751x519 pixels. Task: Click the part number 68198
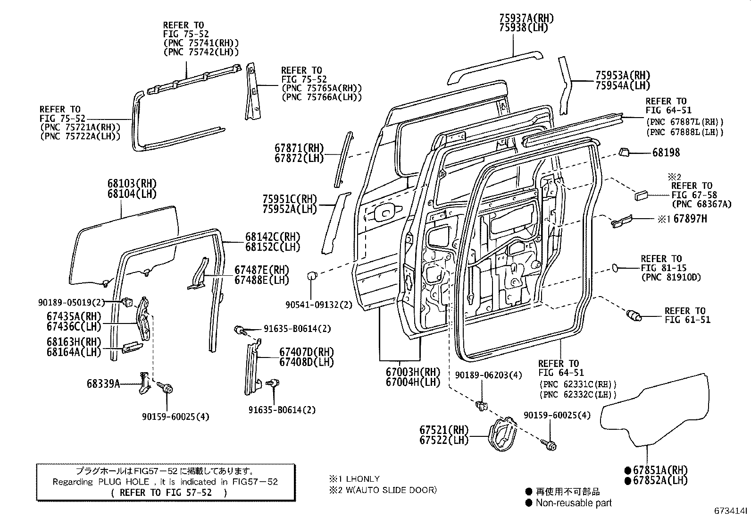click(x=666, y=153)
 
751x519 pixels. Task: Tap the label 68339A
click(x=103, y=384)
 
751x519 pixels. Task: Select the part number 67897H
click(x=690, y=219)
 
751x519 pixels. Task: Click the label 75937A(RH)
click(x=526, y=18)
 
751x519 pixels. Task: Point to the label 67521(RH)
click(x=443, y=430)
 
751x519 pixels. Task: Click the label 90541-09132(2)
click(x=319, y=305)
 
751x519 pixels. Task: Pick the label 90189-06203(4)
click(x=489, y=375)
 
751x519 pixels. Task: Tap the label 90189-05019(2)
click(x=71, y=302)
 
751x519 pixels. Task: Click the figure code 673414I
click(x=731, y=510)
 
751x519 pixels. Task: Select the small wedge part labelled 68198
click(x=624, y=152)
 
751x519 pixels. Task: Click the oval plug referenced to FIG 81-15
click(x=615, y=268)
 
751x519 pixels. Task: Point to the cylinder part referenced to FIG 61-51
click(x=634, y=315)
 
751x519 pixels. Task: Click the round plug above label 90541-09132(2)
click(x=312, y=276)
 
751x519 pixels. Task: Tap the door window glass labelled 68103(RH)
click(x=124, y=247)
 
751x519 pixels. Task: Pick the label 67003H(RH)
click(x=413, y=372)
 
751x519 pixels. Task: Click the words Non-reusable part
click(x=574, y=502)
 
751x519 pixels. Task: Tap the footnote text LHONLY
click(x=363, y=479)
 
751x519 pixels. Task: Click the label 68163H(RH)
click(x=74, y=342)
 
